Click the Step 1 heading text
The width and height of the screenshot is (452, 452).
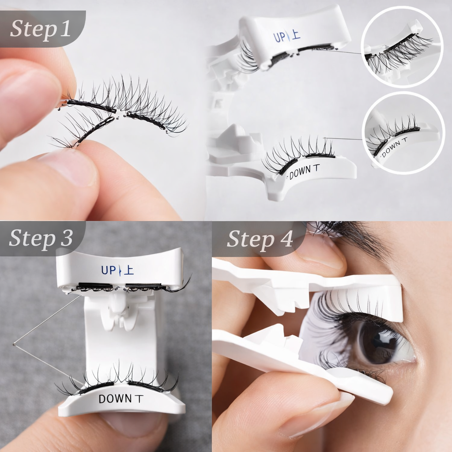[40, 29]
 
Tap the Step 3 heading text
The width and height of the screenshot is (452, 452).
[41, 238]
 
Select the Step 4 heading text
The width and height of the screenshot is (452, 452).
[260, 239]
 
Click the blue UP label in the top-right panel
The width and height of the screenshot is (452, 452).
[279, 37]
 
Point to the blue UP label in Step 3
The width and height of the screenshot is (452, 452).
[109, 271]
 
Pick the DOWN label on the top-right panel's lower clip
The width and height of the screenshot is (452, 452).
[300, 173]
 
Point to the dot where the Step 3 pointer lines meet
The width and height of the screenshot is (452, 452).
[14, 343]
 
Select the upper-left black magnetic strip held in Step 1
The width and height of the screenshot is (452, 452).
[91, 105]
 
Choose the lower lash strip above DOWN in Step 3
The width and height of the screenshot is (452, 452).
[118, 378]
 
